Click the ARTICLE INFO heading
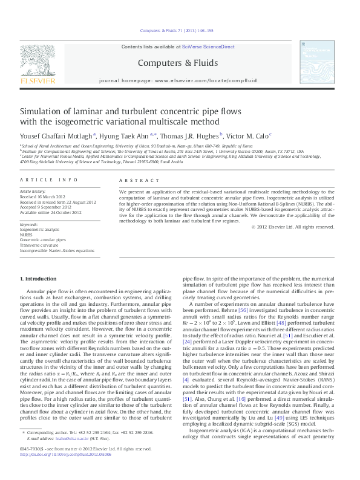tap(49, 180)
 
